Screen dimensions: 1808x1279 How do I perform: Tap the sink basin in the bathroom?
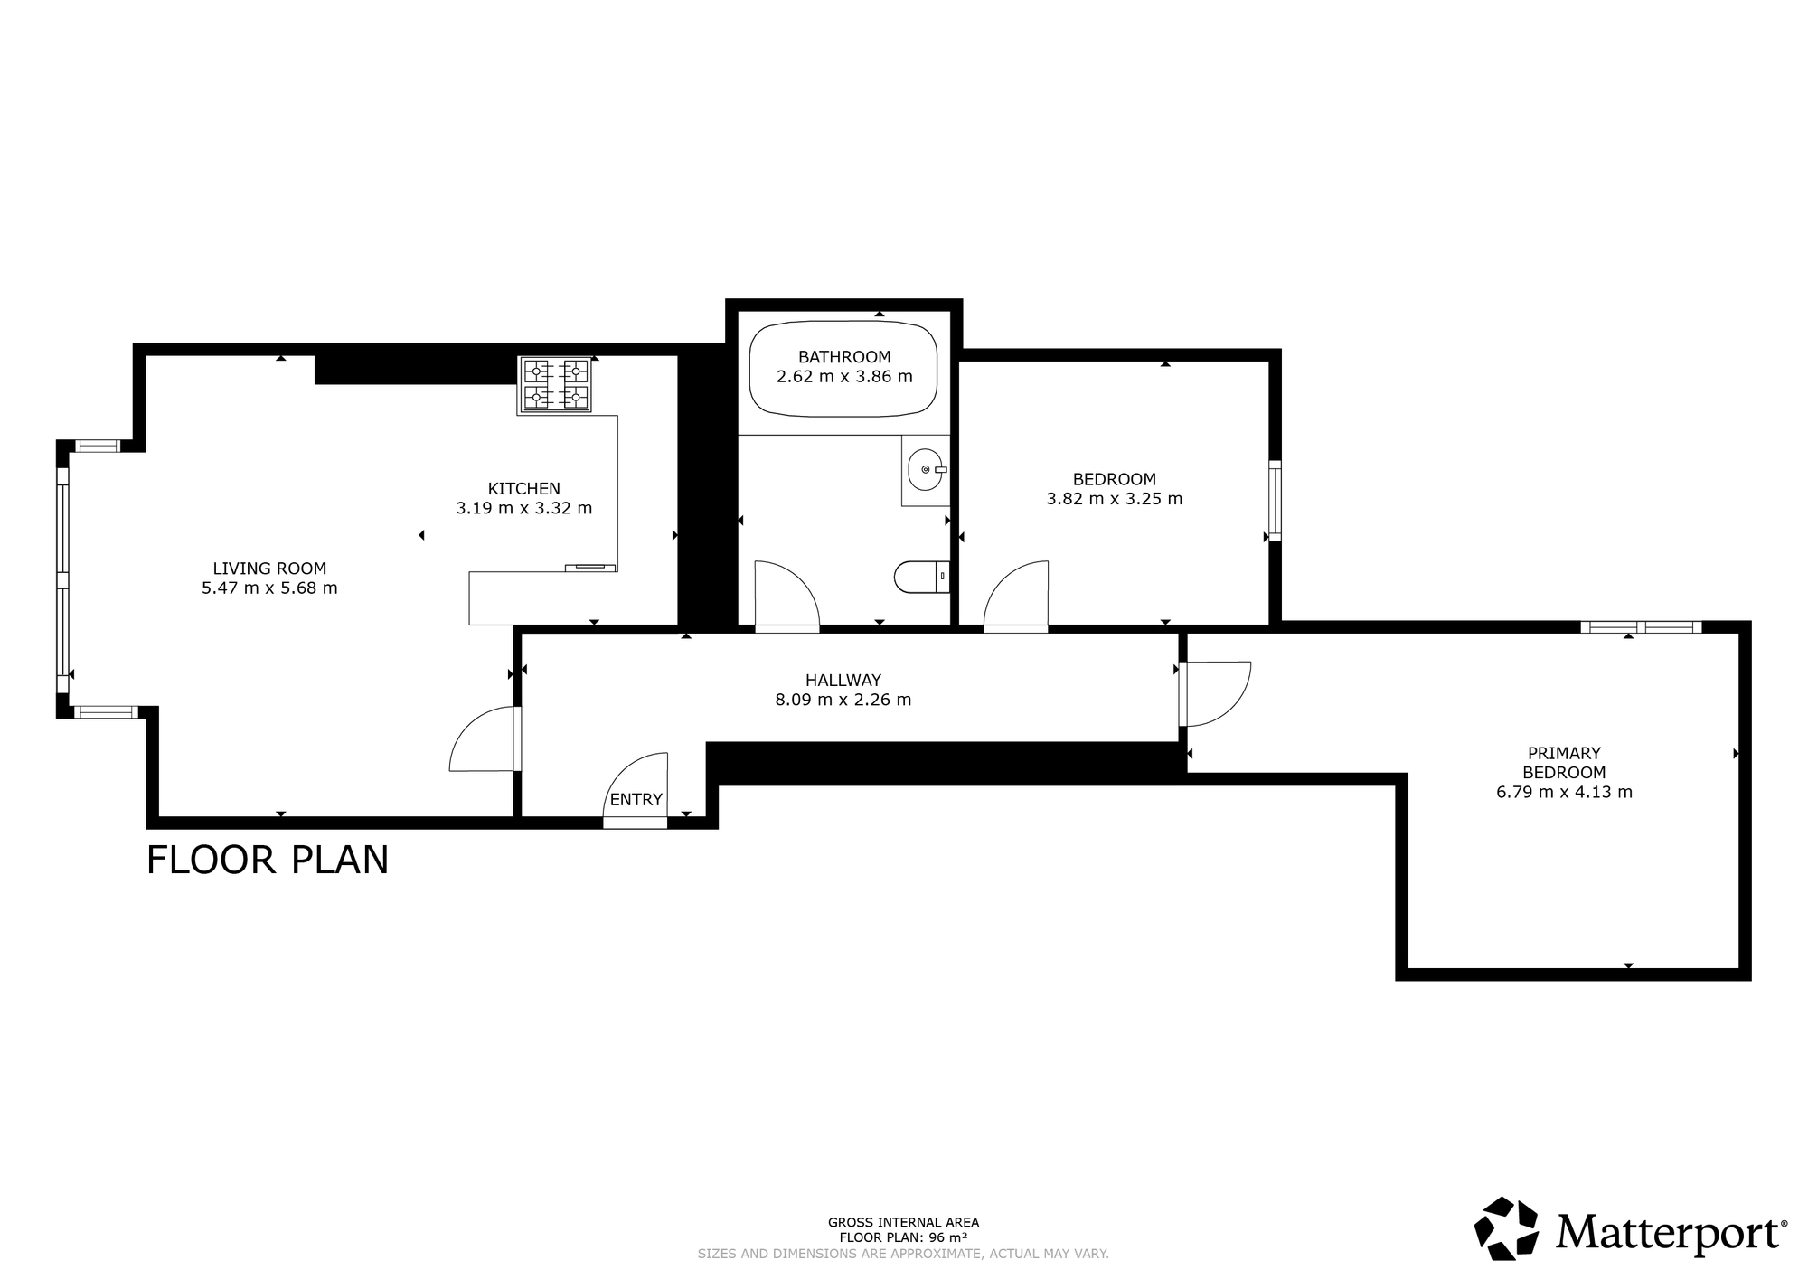click(924, 469)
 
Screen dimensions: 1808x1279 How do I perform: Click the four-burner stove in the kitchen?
click(555, 385)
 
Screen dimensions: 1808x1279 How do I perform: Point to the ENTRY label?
click(636, 800)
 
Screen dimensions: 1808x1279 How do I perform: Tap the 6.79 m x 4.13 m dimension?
click(1565, 793)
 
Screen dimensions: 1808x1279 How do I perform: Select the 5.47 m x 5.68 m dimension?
click(269, 588)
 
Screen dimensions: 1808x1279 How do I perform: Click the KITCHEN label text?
click(524, 489)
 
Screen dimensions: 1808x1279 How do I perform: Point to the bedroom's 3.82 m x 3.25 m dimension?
click(1115, 499)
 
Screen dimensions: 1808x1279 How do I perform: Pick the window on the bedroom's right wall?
click(1275, 501)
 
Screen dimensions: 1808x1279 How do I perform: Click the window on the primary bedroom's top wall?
click(1641, 626)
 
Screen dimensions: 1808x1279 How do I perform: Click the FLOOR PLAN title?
click(268, 860)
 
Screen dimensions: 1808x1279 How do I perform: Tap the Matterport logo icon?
click(1507, 1228)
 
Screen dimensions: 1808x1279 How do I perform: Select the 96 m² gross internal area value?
click(949, 1237)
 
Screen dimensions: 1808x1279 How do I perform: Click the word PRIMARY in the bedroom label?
click(1564, 753)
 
